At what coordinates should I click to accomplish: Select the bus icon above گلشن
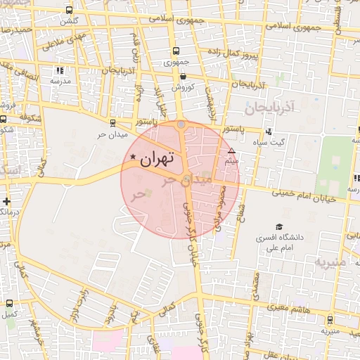pyautogui.click(x=69, y=11)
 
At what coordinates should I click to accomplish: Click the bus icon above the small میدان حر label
pyautogui.click(x=112, y=122)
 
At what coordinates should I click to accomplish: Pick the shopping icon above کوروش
pyautogui.click(x=183, y=76)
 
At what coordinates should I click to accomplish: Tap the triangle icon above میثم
pyautogui.click(x=231, y=150)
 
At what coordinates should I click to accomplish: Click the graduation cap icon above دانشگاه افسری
pyautogui.click(x=279, y=227)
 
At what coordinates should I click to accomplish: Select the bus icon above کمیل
pyautogui.click(x=9, y=304)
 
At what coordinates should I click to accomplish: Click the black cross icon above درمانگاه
pyautogui.click(x=7, y=201)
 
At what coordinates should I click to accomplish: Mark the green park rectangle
pyautogui.click(x=334, y=166)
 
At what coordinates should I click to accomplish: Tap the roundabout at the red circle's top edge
pyautogui.click(x=181, y=125)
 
